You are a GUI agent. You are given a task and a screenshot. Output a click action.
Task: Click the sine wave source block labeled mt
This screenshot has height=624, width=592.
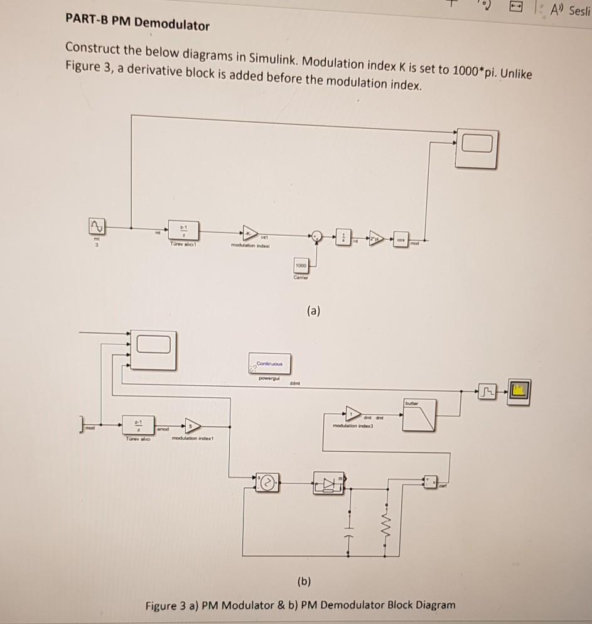(x=97, y=226)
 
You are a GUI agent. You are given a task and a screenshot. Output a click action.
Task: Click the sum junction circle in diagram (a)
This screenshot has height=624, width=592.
(x=318, y=237)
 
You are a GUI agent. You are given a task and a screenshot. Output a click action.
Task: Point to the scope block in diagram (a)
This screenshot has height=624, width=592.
(x=476, y=148)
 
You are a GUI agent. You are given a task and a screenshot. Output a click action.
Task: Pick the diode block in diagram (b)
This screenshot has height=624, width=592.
(x=328, y=483)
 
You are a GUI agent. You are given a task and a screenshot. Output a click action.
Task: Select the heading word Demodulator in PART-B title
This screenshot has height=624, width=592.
(x=172, y=25)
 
